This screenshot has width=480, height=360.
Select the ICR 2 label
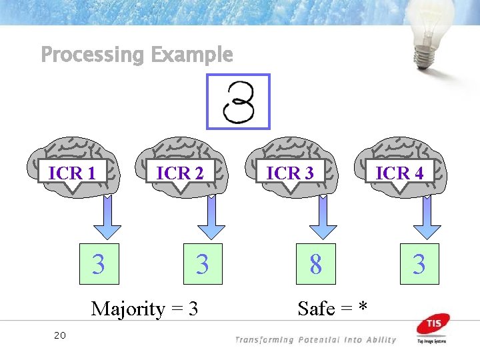tap(179, 173)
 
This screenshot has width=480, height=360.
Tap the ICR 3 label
tap(290, 173)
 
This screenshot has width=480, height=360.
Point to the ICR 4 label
tap(399, 173)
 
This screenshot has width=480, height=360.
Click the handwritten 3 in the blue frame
tap(239, 101)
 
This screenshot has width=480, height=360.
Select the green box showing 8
tap(316, 265)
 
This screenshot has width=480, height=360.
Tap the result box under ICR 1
tap(99, 265)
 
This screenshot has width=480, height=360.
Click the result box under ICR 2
tap(203, 265)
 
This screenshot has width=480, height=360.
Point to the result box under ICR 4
tap(419, 265)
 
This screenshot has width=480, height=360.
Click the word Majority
tap(127, 309)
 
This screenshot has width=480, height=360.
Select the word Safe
tap(316, 309)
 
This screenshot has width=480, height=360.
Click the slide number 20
tap(59, 335)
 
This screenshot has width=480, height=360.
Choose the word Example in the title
tap(192, 55)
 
